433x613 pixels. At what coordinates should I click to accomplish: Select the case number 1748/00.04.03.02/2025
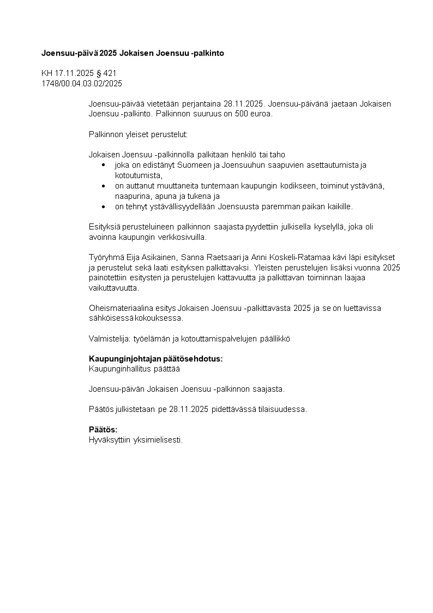click(x=82, y=84)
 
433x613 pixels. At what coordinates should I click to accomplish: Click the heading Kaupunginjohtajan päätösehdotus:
click(x=156, y=359)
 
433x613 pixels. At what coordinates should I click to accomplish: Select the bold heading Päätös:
click(x=103, y=429)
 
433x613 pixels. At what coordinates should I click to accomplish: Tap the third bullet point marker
click(x=104, y=207)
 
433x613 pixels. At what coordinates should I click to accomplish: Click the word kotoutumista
click(x=138, y=175)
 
